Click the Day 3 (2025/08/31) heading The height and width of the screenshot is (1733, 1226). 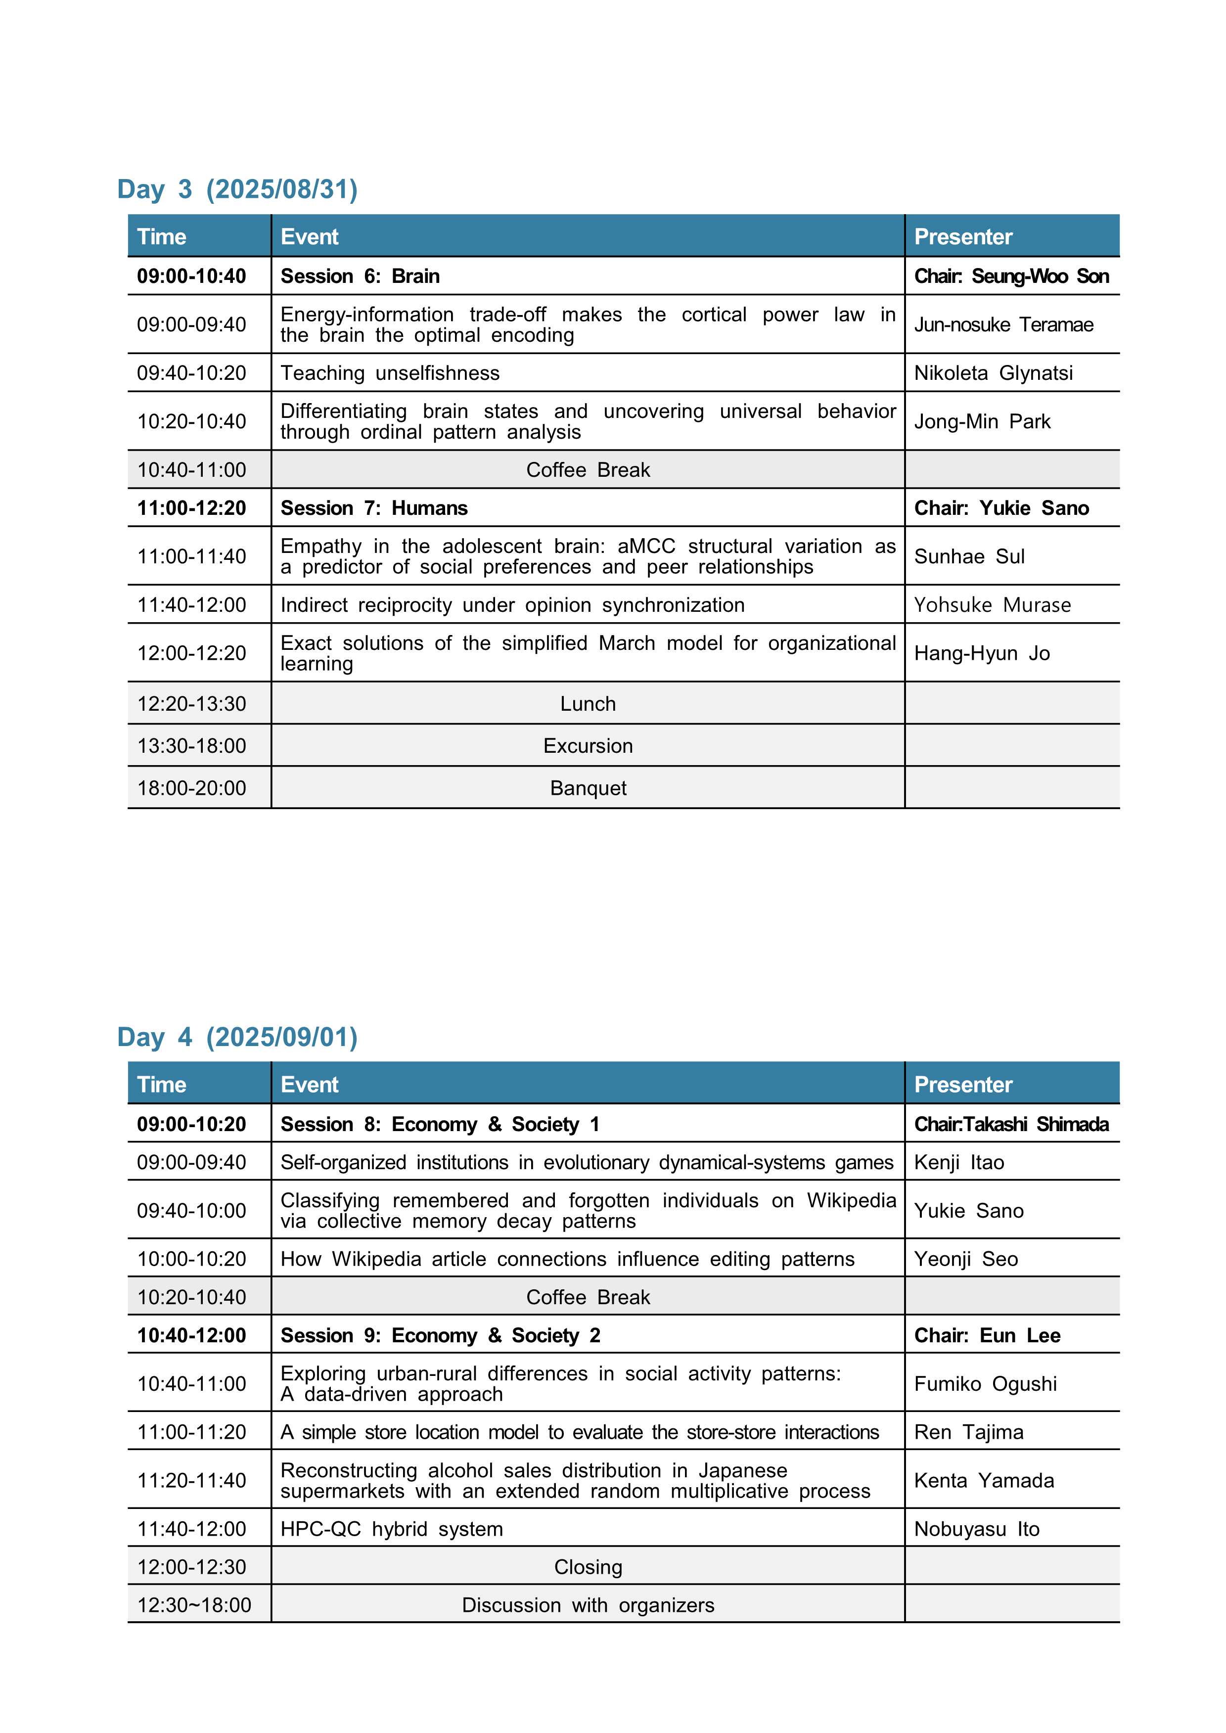click(237, 189)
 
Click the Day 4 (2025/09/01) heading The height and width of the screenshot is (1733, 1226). click(237, 1037)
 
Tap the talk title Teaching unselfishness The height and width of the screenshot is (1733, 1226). click(390, 373)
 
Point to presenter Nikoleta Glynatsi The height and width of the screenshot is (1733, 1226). click(993, 373)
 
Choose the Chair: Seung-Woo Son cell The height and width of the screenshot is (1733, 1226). click(1011, 276)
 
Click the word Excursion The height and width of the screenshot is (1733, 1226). click(588, 746)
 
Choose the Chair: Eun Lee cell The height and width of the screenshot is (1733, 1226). click(987, 1335)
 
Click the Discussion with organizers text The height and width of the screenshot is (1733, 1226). click(588, 1605)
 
